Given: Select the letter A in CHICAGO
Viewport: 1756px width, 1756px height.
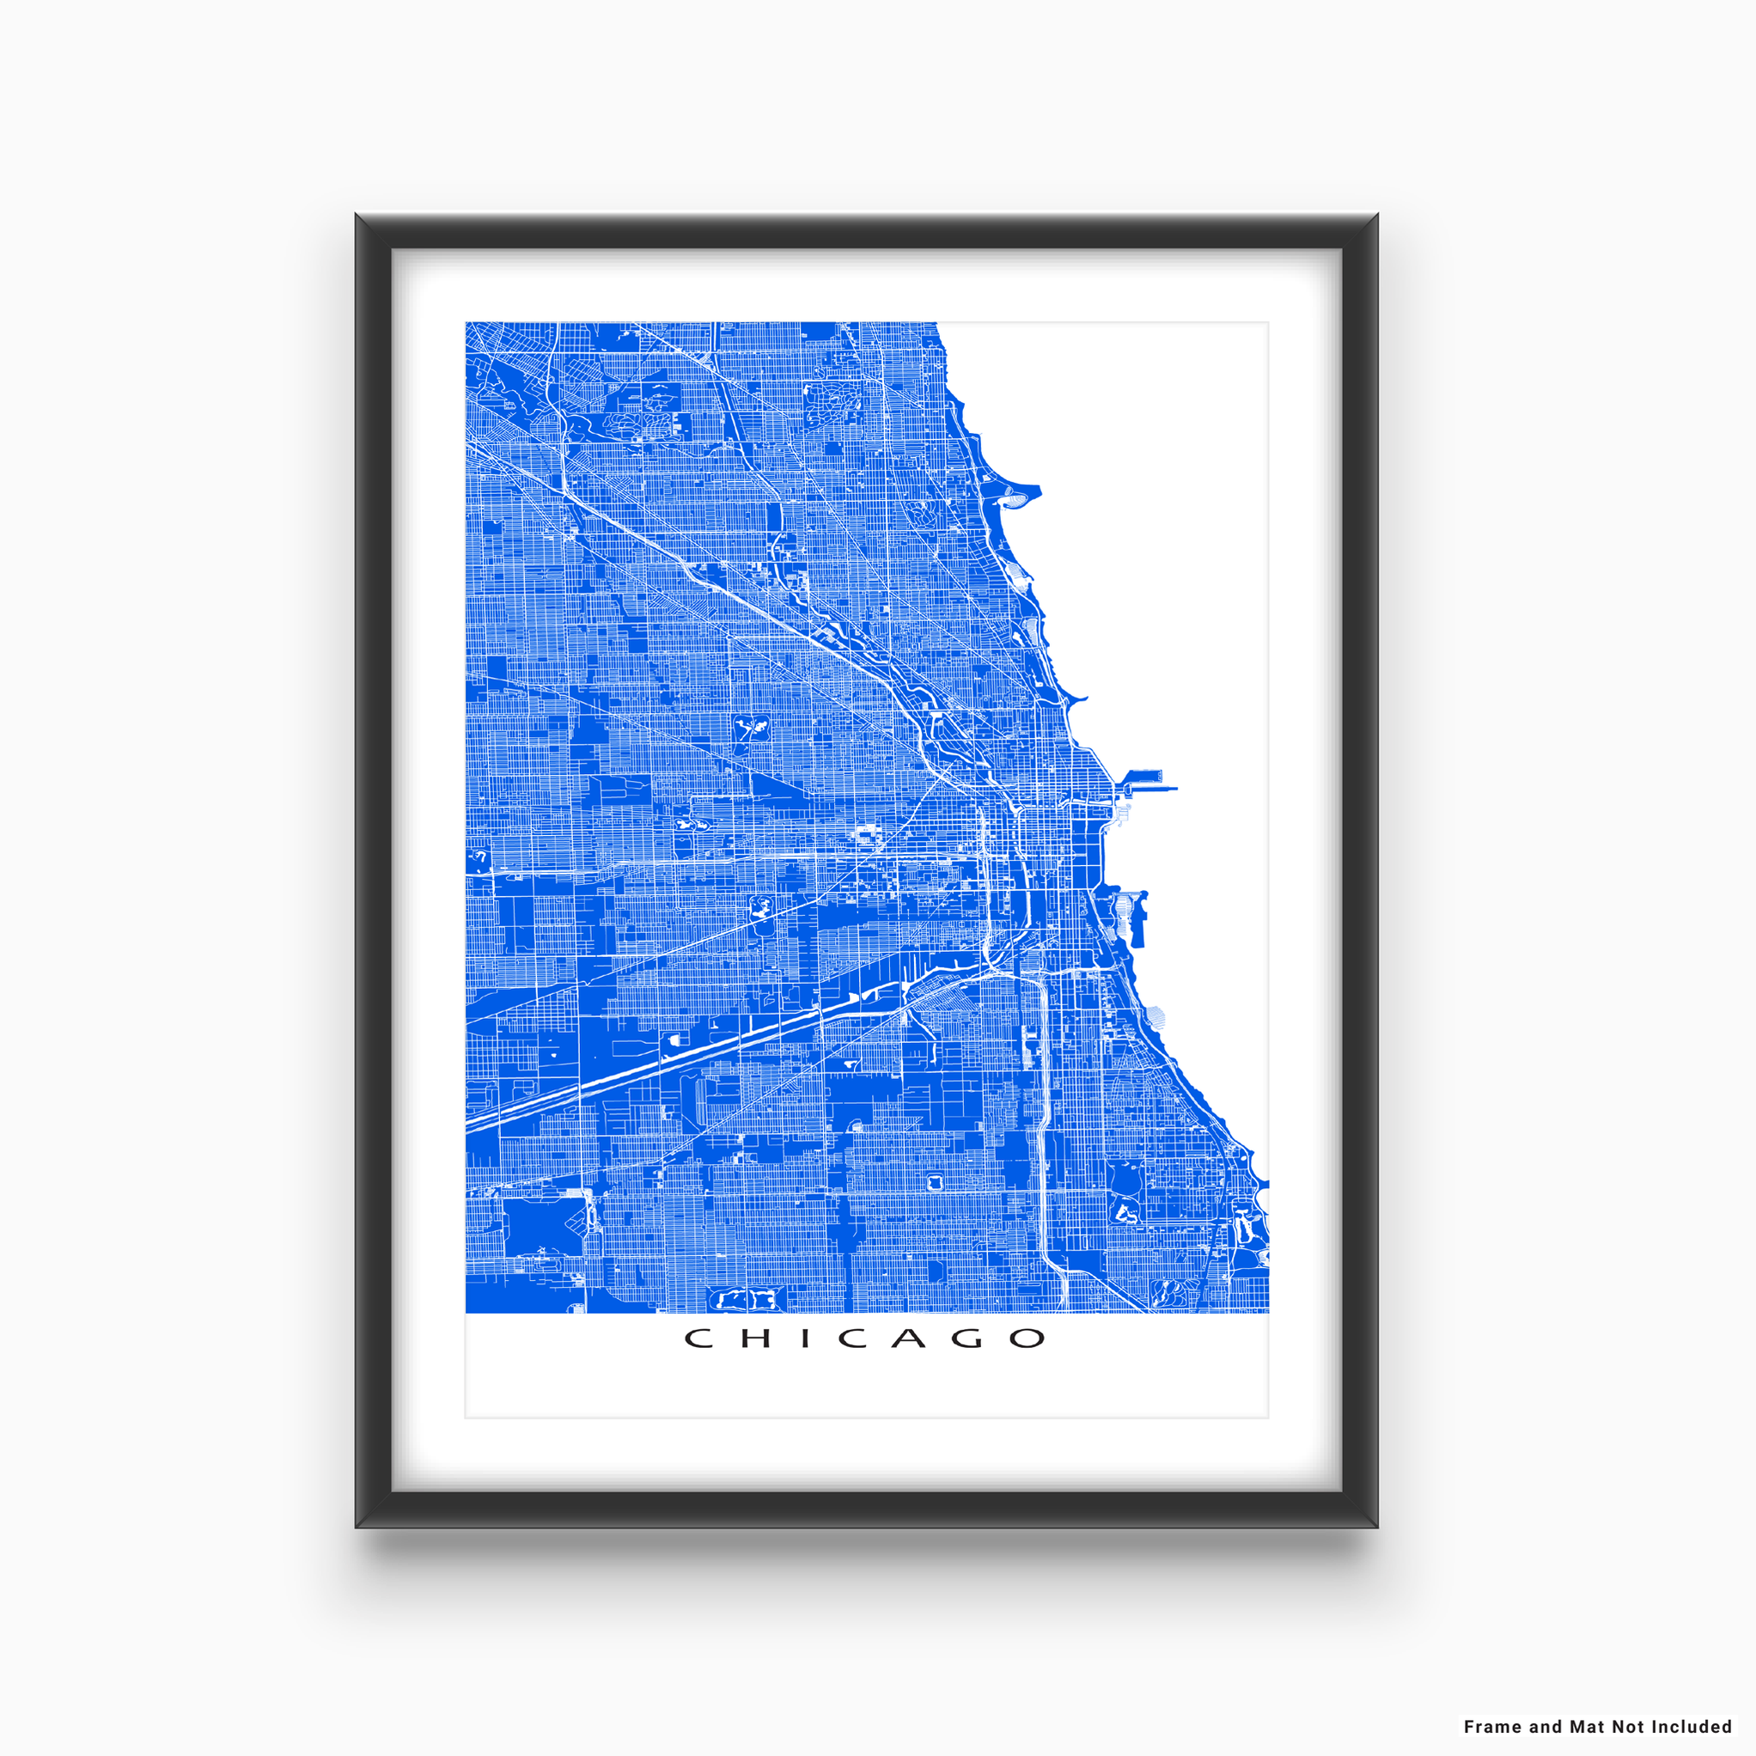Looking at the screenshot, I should coord(909,1338).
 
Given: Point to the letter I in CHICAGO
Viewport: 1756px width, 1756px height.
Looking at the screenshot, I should coord(805,1338).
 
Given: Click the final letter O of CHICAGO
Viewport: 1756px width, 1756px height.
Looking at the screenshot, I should coord(1028,1338).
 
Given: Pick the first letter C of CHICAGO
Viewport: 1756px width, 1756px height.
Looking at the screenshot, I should coord(698,1338).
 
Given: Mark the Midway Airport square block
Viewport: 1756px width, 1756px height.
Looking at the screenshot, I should coord(544,1226).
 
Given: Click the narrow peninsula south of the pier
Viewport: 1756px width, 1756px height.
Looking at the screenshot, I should coord(1142,918).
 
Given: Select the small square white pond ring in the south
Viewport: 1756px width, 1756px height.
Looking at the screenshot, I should coord(934,1182).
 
